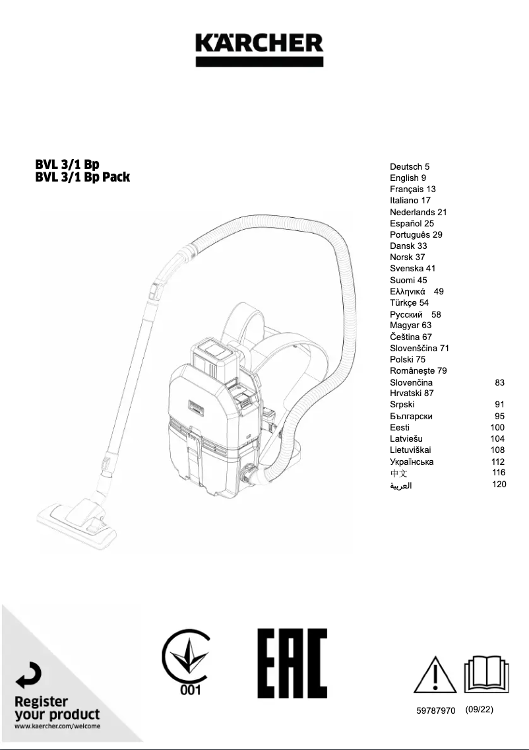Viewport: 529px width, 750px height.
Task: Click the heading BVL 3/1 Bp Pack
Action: click(x=82, y=177)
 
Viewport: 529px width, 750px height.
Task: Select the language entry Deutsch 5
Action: click(x=410, y=167)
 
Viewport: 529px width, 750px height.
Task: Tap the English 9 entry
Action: click(x=408, y=178)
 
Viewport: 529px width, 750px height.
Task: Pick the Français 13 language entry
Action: click(x=412, y=189)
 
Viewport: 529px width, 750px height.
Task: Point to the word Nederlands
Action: click(x=412, y=212)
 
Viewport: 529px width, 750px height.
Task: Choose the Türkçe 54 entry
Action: click(x=409, y=302)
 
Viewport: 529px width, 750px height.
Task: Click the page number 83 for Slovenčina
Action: click(x=499, y=382)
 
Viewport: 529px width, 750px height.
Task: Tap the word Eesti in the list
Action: click(x=400, y=427)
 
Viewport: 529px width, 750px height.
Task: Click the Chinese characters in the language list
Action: click(x=398, y=473)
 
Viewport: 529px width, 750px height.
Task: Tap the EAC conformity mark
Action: click(x=292, y=663)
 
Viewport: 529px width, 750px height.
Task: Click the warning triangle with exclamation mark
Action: click(x=435, y=675)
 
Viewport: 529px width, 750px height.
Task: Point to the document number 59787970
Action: click(x=435, y=710)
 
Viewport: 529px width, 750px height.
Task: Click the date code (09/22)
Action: click(x=479, y=710)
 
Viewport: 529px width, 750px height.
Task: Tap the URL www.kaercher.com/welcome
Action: click(x=57, y=726)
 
